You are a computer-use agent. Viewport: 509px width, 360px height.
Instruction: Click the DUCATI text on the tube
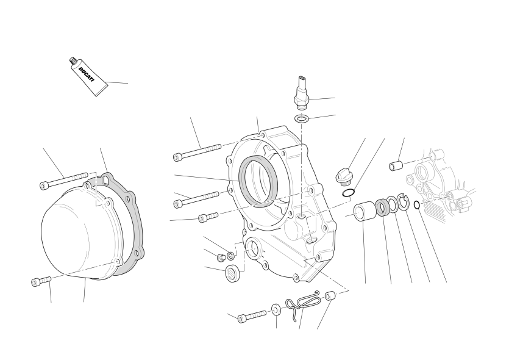(x=87, y=74)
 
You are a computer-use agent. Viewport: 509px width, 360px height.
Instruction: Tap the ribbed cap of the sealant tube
(x=73, y=61)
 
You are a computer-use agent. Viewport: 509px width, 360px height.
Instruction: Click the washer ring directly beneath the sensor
(x=302, y=118)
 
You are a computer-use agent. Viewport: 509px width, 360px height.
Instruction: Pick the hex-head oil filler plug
(x=343, y=176)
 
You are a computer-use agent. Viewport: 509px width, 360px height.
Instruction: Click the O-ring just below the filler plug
(x=347, y=193)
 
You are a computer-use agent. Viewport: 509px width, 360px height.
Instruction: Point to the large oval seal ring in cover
(x=258, y=181)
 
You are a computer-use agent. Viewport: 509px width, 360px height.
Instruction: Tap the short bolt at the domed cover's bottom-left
(x=41, y=281)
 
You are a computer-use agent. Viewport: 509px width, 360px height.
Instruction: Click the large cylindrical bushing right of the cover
(x=365, y=211)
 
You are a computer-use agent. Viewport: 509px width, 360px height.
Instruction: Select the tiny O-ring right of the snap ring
(x=417, y=205)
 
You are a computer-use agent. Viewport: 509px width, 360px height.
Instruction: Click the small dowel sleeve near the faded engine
(x=396, y=166)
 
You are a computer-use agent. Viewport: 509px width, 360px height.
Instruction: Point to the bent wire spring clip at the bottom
(x=302, y=304)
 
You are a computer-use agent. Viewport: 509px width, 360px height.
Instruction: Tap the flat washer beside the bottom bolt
(x=276, y=309)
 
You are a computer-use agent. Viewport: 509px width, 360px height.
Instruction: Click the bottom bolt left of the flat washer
(x=252, y=317)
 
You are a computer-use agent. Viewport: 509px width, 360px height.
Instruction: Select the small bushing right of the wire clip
(x=330, y=296)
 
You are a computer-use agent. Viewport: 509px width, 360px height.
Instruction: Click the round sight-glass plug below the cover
(x=232, y=273)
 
